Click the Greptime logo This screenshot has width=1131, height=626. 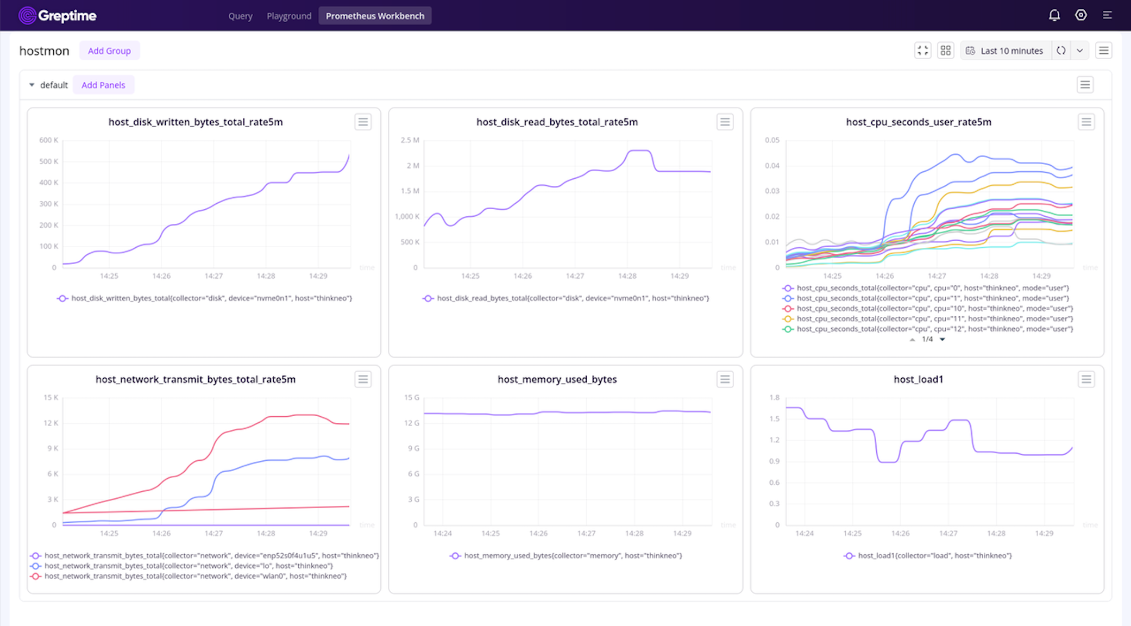(57, 16)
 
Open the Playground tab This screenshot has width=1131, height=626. (289, 16)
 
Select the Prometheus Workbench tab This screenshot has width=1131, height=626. (375, 16)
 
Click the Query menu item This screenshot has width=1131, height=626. (240, 16)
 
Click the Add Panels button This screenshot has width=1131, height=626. (103, 85)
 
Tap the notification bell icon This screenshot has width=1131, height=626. (1054, 15)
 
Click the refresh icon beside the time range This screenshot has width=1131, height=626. (1061, 51)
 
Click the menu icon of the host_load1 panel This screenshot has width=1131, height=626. (1086, 379)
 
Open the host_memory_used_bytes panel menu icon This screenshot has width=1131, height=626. (725, 379)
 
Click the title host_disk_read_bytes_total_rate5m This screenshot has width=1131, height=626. (557, 122)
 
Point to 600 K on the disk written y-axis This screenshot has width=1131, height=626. (48, 140)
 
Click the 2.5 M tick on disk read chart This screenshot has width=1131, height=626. (410, 140)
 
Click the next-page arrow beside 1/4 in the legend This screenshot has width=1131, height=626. (942, 340)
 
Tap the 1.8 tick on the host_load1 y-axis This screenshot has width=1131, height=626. (774, 398)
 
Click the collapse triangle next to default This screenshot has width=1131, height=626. (32, 85)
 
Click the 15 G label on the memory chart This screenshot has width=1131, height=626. (411, 398)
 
